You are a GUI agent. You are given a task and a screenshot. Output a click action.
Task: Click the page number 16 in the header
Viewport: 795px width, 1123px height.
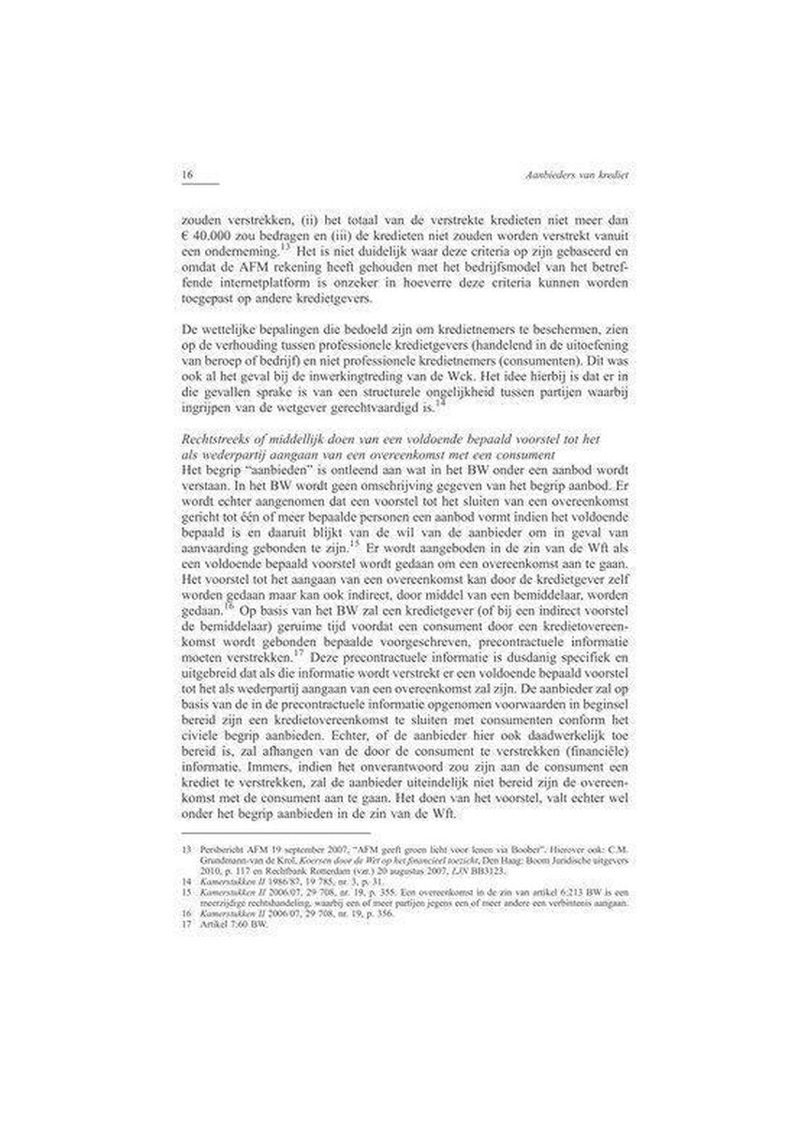[186, 175]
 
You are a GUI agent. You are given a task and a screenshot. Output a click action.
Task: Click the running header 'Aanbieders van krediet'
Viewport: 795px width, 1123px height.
[573, 175]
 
